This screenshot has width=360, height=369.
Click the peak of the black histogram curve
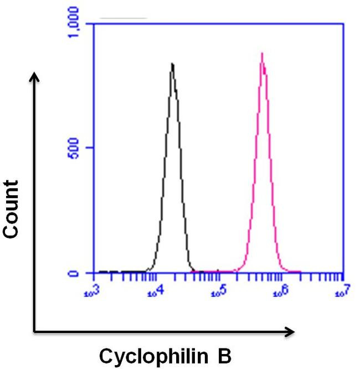point(172,64)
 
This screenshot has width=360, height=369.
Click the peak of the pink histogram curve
point(262,54)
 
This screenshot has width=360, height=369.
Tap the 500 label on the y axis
point(75,148)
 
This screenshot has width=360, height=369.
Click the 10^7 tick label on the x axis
point(342,290)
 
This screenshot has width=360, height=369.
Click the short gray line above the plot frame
point(123,19)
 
